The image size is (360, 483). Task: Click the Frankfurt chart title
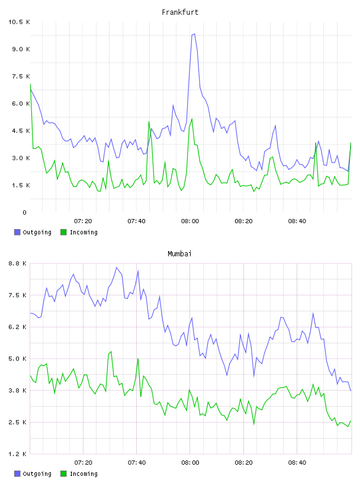click(x=180, y=12)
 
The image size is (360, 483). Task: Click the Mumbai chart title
click(x=179, y=254)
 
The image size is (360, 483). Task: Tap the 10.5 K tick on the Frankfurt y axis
click(x=19, y=22)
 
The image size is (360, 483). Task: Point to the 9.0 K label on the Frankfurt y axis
click(x=21, y=49)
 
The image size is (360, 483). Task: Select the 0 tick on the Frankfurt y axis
click(x=25, y=212)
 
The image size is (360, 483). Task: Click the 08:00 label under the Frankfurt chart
click(x=190, y=221)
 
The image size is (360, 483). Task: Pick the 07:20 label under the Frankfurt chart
click(x=83, y=221)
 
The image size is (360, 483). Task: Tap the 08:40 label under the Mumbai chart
click(x=297, y=463)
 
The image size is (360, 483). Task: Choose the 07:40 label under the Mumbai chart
click(x=137, y=463)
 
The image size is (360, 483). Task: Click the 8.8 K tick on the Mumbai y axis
click(x=17, y=263)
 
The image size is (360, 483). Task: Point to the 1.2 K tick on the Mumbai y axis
click(x=17, y=454)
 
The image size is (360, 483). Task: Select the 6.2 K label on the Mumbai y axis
click(x=17, y=327)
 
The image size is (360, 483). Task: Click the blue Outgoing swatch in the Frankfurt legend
click(x=17, y=232)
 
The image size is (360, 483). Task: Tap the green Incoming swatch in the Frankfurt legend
click(x=63, y=232)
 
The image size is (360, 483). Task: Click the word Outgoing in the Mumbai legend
click(x=37, y=474)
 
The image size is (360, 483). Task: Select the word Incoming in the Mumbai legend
click(x=83, y=474)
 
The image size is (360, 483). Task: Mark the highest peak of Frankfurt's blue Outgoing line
click(x=194, y=34)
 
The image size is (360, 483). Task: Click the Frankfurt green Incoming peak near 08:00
click(x=192, y=118)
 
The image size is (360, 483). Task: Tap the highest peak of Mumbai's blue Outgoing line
click(x=117, y=268)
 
